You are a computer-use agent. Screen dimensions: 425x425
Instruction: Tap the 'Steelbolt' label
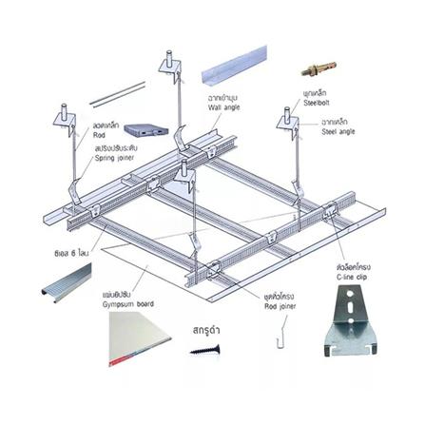(x=316, y=101)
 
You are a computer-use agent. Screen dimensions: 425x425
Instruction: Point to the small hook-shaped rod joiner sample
(x=281, y=335)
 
